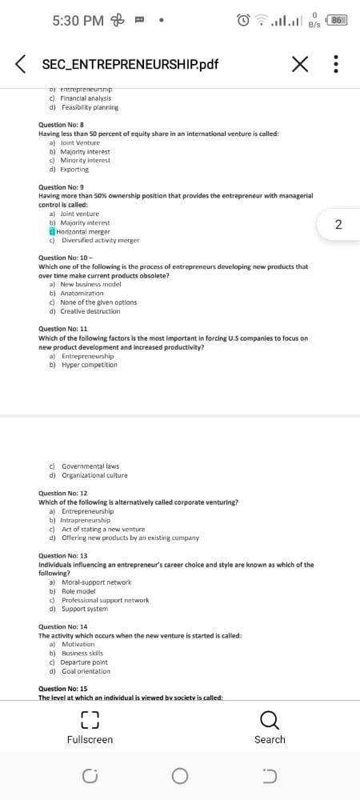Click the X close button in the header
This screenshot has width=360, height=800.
[x=301, y=64]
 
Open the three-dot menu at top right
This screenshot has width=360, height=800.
[x=337, y=64]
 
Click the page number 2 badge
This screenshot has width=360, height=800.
[x=338, y=225]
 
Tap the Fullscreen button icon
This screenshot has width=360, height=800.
[x=90, y=719]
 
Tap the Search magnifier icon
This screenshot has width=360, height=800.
[x=270, y=719]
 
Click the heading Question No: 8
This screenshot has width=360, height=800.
[x=62, y=125]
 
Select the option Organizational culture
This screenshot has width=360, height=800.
[x=94, y=475]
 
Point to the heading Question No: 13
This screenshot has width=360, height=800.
[x=63, y=555]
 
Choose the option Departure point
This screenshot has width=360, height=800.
[x=84, y=662]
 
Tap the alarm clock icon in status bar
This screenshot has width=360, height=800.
[x=243, y=20]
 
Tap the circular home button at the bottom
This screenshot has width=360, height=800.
[x=180, y=775]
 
